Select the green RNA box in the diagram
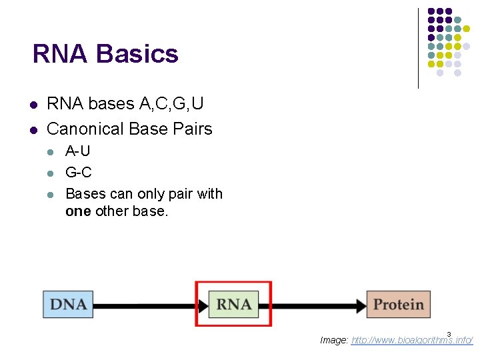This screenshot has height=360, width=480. [x=233, y=305]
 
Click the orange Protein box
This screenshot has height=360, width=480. [x=399, y=305]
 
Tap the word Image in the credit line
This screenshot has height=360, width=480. [x=333, y=340]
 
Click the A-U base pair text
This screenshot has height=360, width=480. [x=77, y=151]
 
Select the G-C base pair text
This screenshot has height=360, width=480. [x=78, y=173]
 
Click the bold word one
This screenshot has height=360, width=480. [x=78, y=211]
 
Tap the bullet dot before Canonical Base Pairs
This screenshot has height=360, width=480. [x=33, y=129]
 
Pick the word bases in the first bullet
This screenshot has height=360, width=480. [x=111, y=105]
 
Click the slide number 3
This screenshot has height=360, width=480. [x=449, y=334]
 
